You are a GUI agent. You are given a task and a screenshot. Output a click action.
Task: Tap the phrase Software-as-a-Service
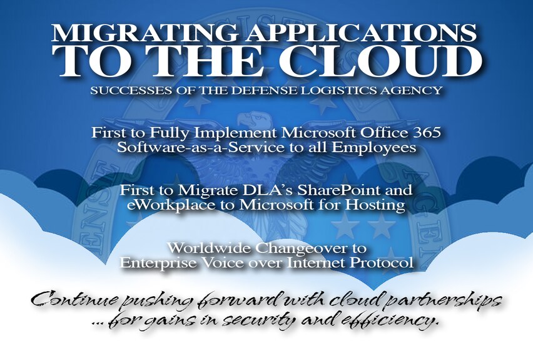click(x=200, y=147)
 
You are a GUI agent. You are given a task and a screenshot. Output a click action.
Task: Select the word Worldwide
click(x=210, y=248)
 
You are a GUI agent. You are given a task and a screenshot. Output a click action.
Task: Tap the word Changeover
click(x=300, y=249)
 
